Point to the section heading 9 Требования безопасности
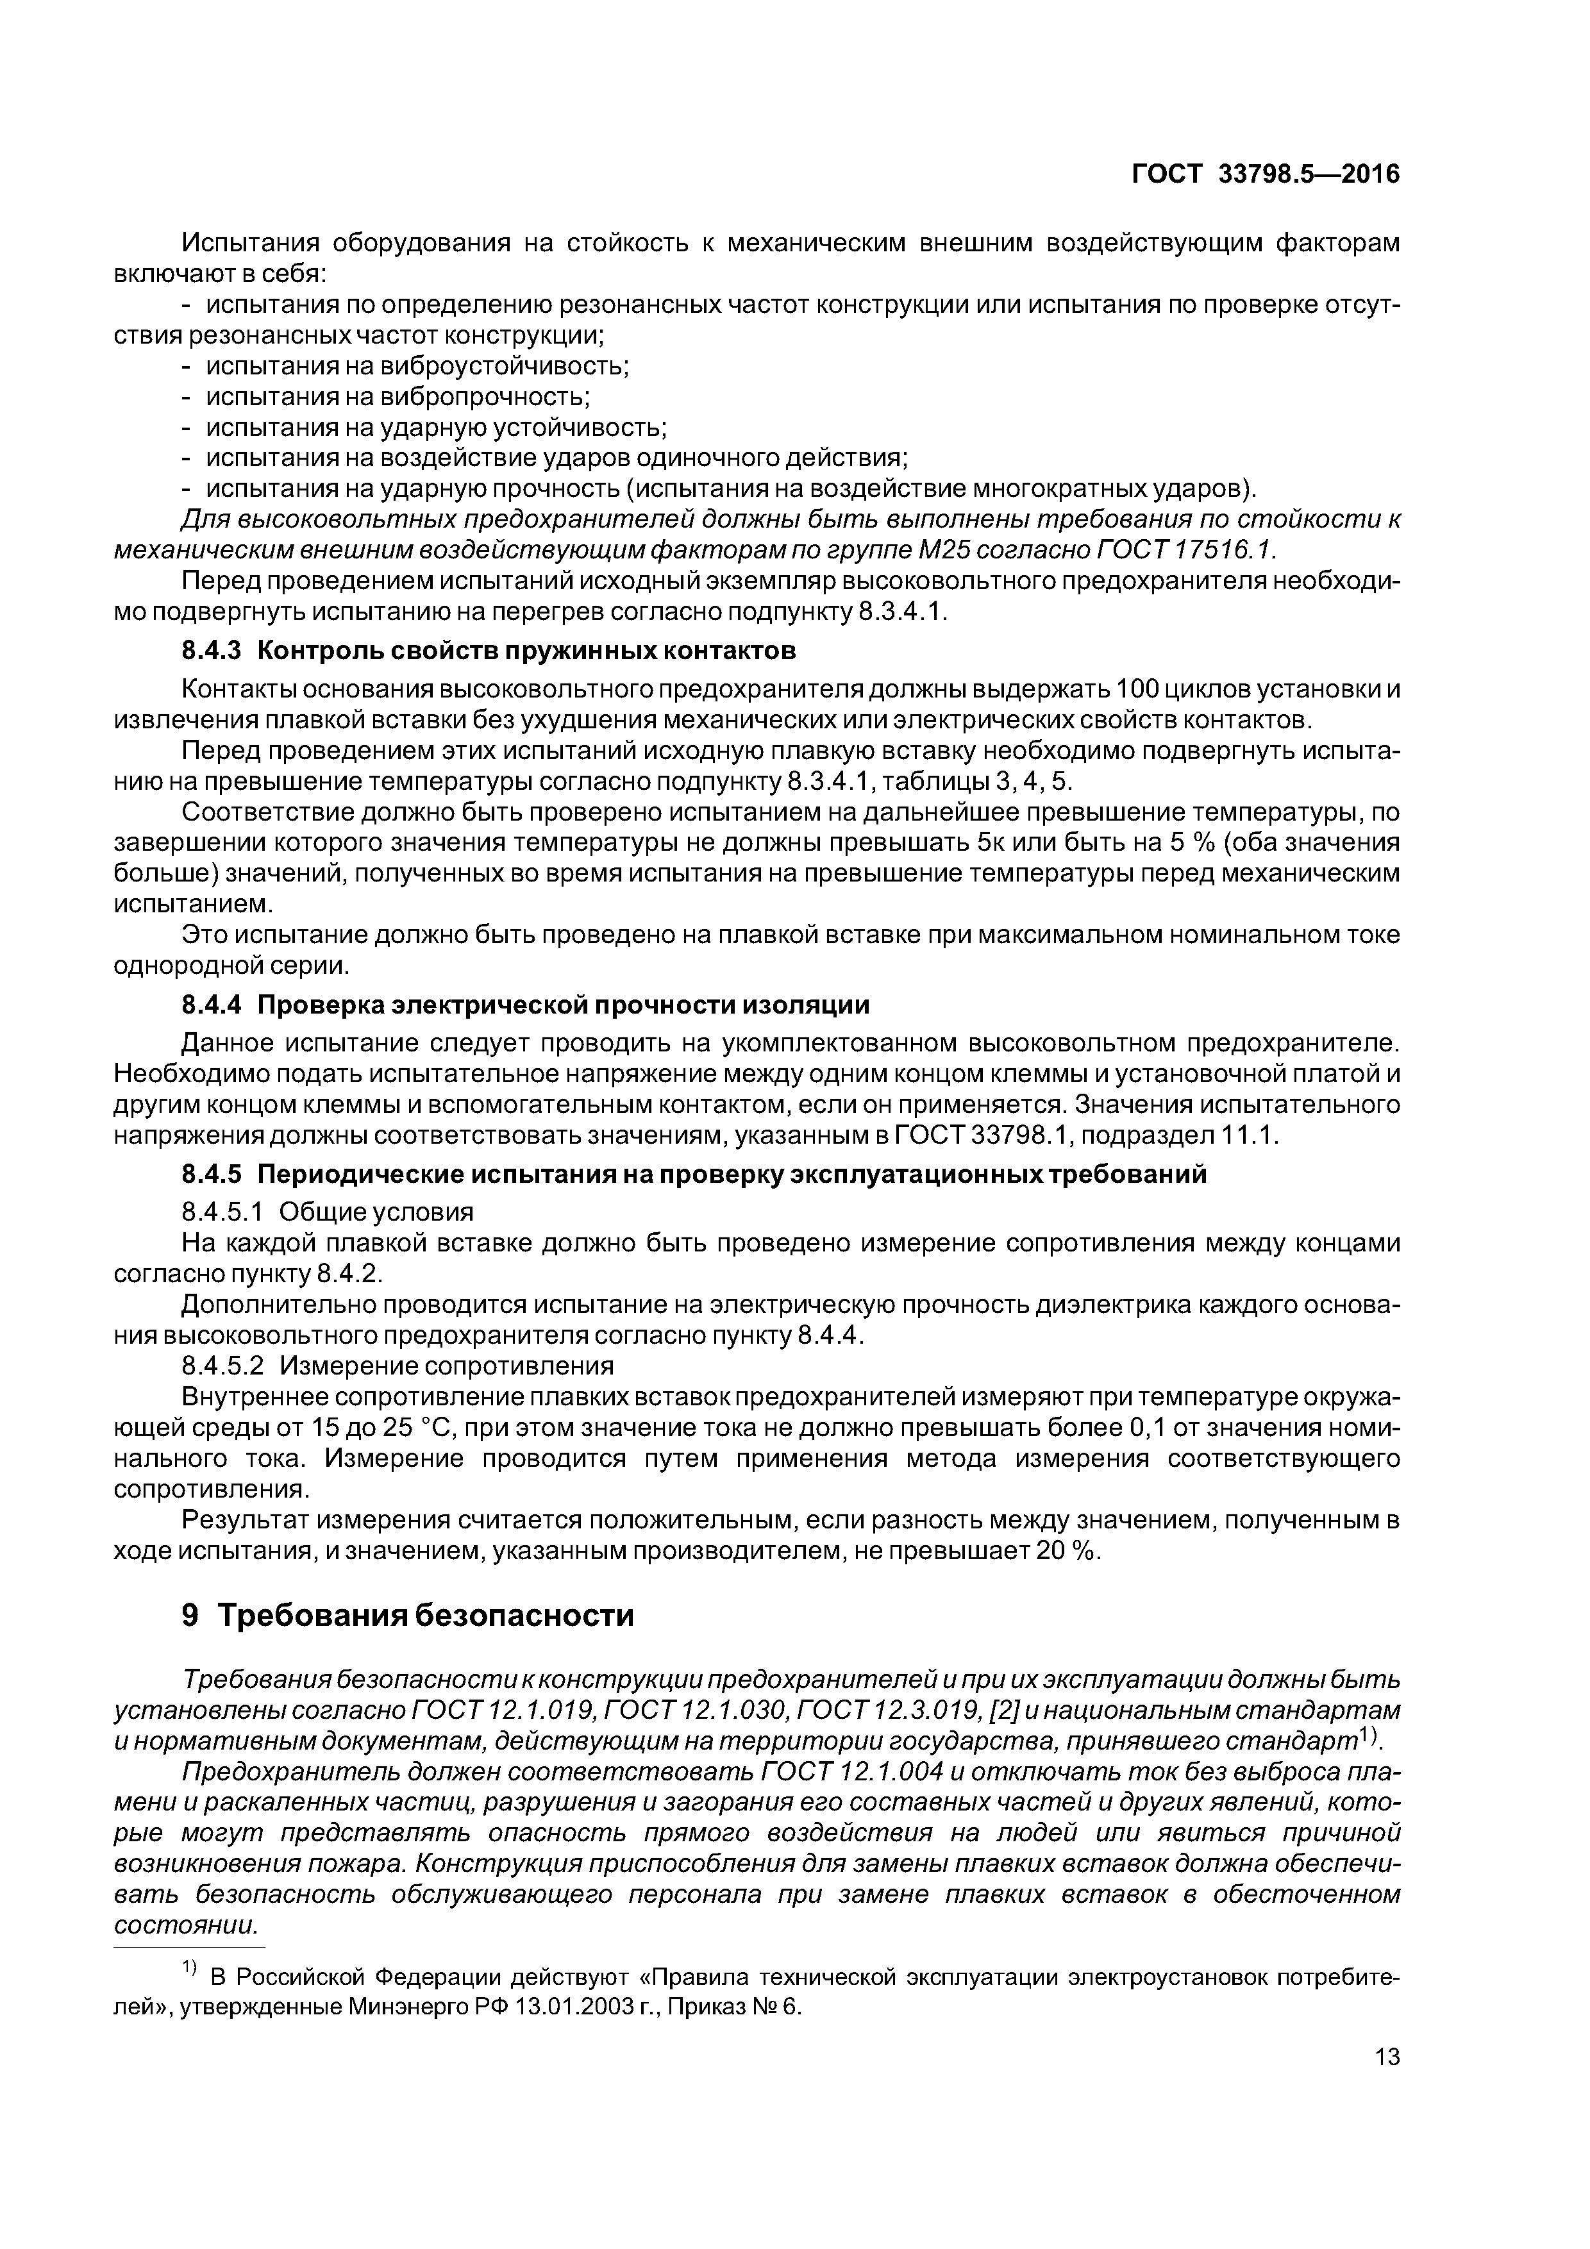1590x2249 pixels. [x=408, y=1615]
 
